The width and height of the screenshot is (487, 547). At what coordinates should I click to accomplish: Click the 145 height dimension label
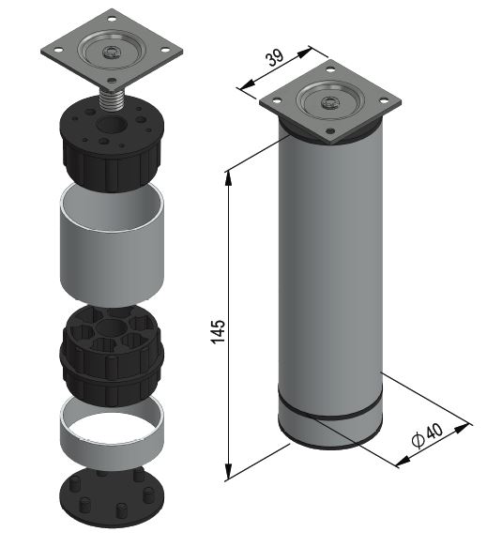[x=219, y=331]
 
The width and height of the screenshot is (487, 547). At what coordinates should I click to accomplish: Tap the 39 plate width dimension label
[x=276, y=57]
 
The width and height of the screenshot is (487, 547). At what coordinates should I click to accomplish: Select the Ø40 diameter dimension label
[x=427, y=435]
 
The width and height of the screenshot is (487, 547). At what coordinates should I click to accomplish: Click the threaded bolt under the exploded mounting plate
[x=111, y=99]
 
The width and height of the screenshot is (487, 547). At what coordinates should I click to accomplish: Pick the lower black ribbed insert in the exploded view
[x=112, y=356]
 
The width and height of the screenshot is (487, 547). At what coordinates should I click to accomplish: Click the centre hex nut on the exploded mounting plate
[x=112, y=53]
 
